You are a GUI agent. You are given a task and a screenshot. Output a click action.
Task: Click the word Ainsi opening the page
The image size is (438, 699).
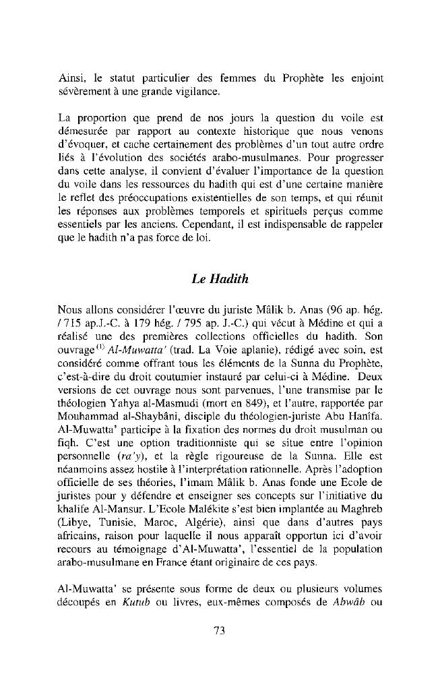pos(70,79)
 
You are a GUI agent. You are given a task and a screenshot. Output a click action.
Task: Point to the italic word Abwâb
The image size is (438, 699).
pos(349,599)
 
